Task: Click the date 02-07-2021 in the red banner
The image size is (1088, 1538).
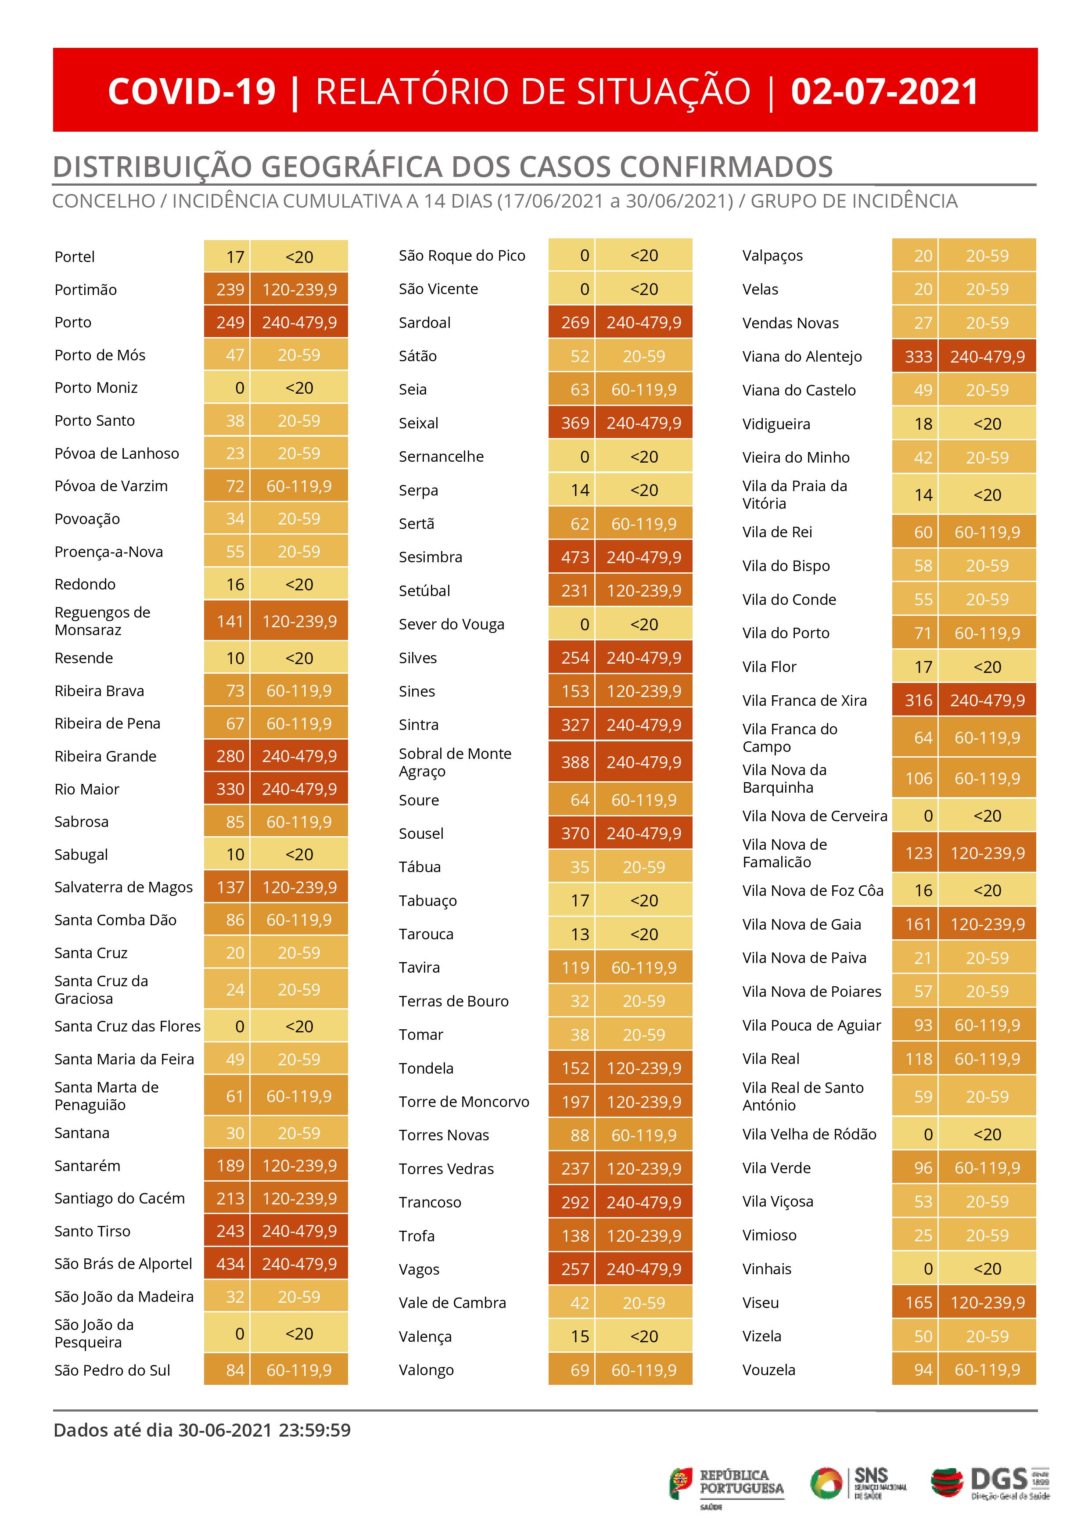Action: click(x=884, y=92)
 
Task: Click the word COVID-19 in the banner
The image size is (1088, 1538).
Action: click(x=192, y=92)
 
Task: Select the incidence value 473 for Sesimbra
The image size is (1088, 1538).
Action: click(x=575, y=557)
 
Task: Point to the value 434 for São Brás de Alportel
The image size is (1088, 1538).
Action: click(x=230, y=1264)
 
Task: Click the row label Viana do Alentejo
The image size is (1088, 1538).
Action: click(x=802, y=356)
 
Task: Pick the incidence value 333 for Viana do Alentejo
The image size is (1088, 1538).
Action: click(x=919, y=357)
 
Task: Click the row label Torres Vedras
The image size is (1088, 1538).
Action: click(x=446, y=1169)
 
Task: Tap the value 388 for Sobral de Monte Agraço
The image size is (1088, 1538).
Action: click(x=575, y=762)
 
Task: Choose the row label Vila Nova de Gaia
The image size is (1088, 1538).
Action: click(x=801, y=924)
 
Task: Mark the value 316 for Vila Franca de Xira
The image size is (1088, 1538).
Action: click(x=919, y=701)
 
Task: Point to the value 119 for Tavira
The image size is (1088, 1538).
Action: click(x=575, y=968)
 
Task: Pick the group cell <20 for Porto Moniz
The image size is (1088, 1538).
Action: click(x=299, y=388)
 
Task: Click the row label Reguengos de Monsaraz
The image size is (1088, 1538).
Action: click(x=103, y=621)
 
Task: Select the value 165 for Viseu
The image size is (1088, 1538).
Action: click(x=919, y=1303)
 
